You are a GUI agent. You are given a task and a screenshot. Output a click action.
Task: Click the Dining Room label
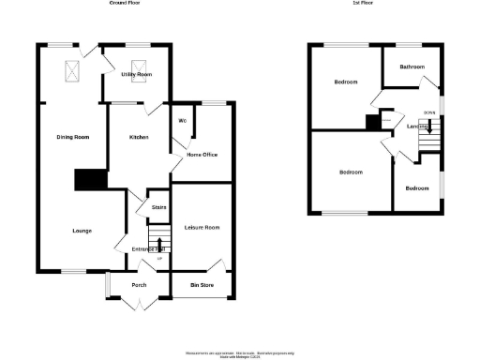[70, 138]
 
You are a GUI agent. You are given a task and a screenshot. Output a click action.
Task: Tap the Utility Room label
[136, 73]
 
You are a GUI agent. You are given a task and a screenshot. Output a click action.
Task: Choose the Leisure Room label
[201, 228]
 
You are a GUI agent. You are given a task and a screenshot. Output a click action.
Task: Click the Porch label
[139, 284]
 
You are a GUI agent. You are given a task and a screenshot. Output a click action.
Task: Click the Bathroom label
[412, 67]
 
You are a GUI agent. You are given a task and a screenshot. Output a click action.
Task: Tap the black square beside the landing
[372, 121]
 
